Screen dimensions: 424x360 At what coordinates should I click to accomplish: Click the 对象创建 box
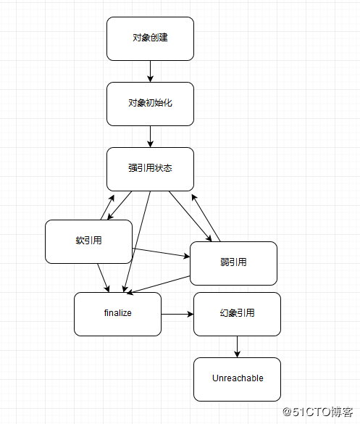pos(150,38)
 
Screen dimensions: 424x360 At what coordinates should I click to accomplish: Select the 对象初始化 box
pos(150,104)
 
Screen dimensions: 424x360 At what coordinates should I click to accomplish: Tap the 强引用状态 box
pos(150,169)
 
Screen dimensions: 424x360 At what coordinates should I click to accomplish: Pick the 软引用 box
pos(88,241)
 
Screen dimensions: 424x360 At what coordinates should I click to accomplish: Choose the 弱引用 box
pos(233,263)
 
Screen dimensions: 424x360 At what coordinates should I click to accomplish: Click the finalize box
pos(117,314)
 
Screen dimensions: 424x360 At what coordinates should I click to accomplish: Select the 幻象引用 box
pos(237,314)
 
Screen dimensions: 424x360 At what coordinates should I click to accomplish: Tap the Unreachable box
pos(237,379)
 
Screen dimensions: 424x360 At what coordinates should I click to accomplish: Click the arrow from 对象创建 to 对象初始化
pos(150,71)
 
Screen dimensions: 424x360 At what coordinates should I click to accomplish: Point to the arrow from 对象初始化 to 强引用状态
pos(150,136)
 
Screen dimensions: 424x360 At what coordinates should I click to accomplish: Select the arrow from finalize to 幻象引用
pos(177,314)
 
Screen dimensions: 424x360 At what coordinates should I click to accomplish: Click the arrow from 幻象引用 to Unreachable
pos(237,346)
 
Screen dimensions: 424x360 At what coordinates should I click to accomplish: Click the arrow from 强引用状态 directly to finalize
pos(138,239)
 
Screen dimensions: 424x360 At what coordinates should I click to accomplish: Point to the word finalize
pos(117,313)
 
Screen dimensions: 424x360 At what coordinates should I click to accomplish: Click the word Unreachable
pos(237,378)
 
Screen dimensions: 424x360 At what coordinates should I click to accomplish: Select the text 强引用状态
pos(150,168)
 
